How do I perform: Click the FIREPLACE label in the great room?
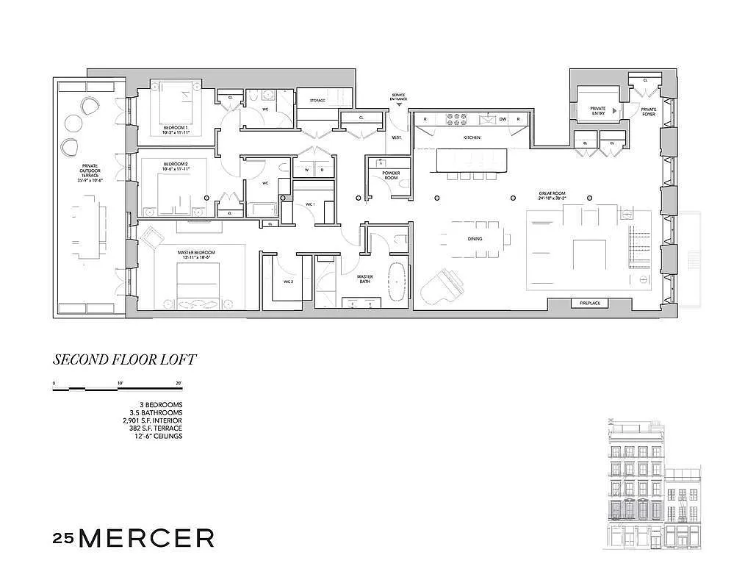tap(590, 303)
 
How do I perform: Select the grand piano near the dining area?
tap(442, 283)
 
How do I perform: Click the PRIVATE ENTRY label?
tap(598, 111)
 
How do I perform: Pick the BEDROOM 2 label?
tap(176, 166)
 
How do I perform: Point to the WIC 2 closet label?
tap(289, 281)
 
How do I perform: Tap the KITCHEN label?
tap(472, 137)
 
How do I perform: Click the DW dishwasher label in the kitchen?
tap(503, 119)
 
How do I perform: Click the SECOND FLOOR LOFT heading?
tap(124, 360)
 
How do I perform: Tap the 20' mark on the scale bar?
tap(179, 384)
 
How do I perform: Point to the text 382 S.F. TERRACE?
tap(153, 428)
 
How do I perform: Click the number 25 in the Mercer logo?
tap(63, 538)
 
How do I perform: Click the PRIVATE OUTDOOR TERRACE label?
tap(90, 171)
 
